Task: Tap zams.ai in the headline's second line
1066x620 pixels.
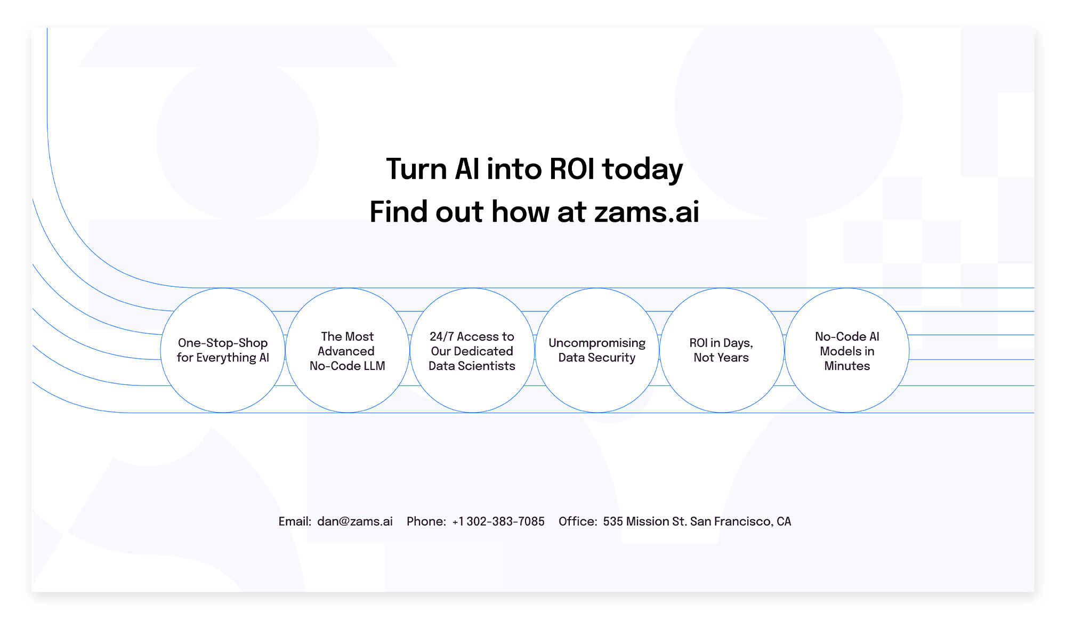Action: pos(647,212)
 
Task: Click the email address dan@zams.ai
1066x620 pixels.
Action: pos(355,521)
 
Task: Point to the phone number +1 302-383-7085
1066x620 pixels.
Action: pos(498,521)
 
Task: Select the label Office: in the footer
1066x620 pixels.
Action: pos(578,521)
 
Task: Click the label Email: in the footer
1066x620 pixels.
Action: pos(295,521)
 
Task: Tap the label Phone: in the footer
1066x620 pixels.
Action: pos(426,521)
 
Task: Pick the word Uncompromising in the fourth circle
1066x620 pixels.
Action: pos(597,343)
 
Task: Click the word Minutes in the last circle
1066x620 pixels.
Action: pos(847,366)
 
